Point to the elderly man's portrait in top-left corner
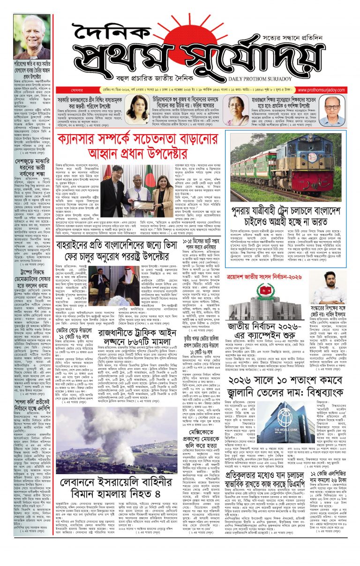(x=31, y=37)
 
